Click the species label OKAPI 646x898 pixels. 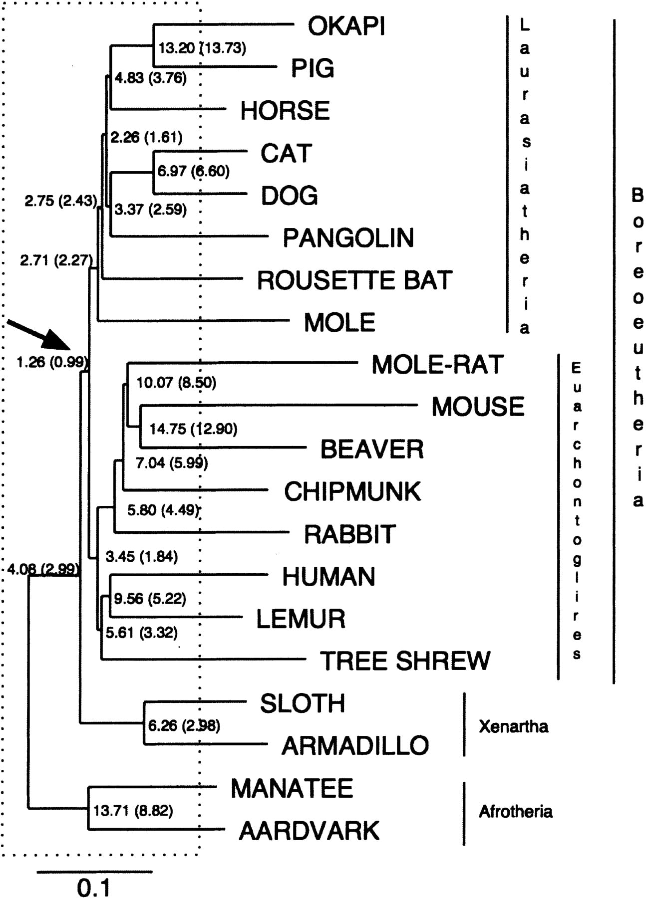tap(346, 26)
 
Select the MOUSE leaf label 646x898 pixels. tap(478, 407)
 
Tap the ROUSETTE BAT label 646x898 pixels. tap(354, 280)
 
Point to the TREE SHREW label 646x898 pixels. tap(405, 661)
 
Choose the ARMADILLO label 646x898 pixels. tap(355, 746)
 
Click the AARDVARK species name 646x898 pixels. tap(310, 831)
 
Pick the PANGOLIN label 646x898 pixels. tap(348, 238)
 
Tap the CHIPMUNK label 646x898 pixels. tap(352, 492)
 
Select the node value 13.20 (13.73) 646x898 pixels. tap(202, 48)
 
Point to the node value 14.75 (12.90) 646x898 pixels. tap(194, 429)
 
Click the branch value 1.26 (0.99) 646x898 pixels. tap(52, 362)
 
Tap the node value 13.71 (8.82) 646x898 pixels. tap(133, 811)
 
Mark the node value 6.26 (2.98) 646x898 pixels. tap(184, 725)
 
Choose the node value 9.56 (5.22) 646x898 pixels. tap(150, 599)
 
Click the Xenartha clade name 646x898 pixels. tap(513, 726)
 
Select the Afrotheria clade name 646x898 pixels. tap(516, 812)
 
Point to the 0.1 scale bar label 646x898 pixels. tap(93, 888)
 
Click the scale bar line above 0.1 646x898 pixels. tap(94, 872)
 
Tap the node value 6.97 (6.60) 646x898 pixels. tap(194, 171)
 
